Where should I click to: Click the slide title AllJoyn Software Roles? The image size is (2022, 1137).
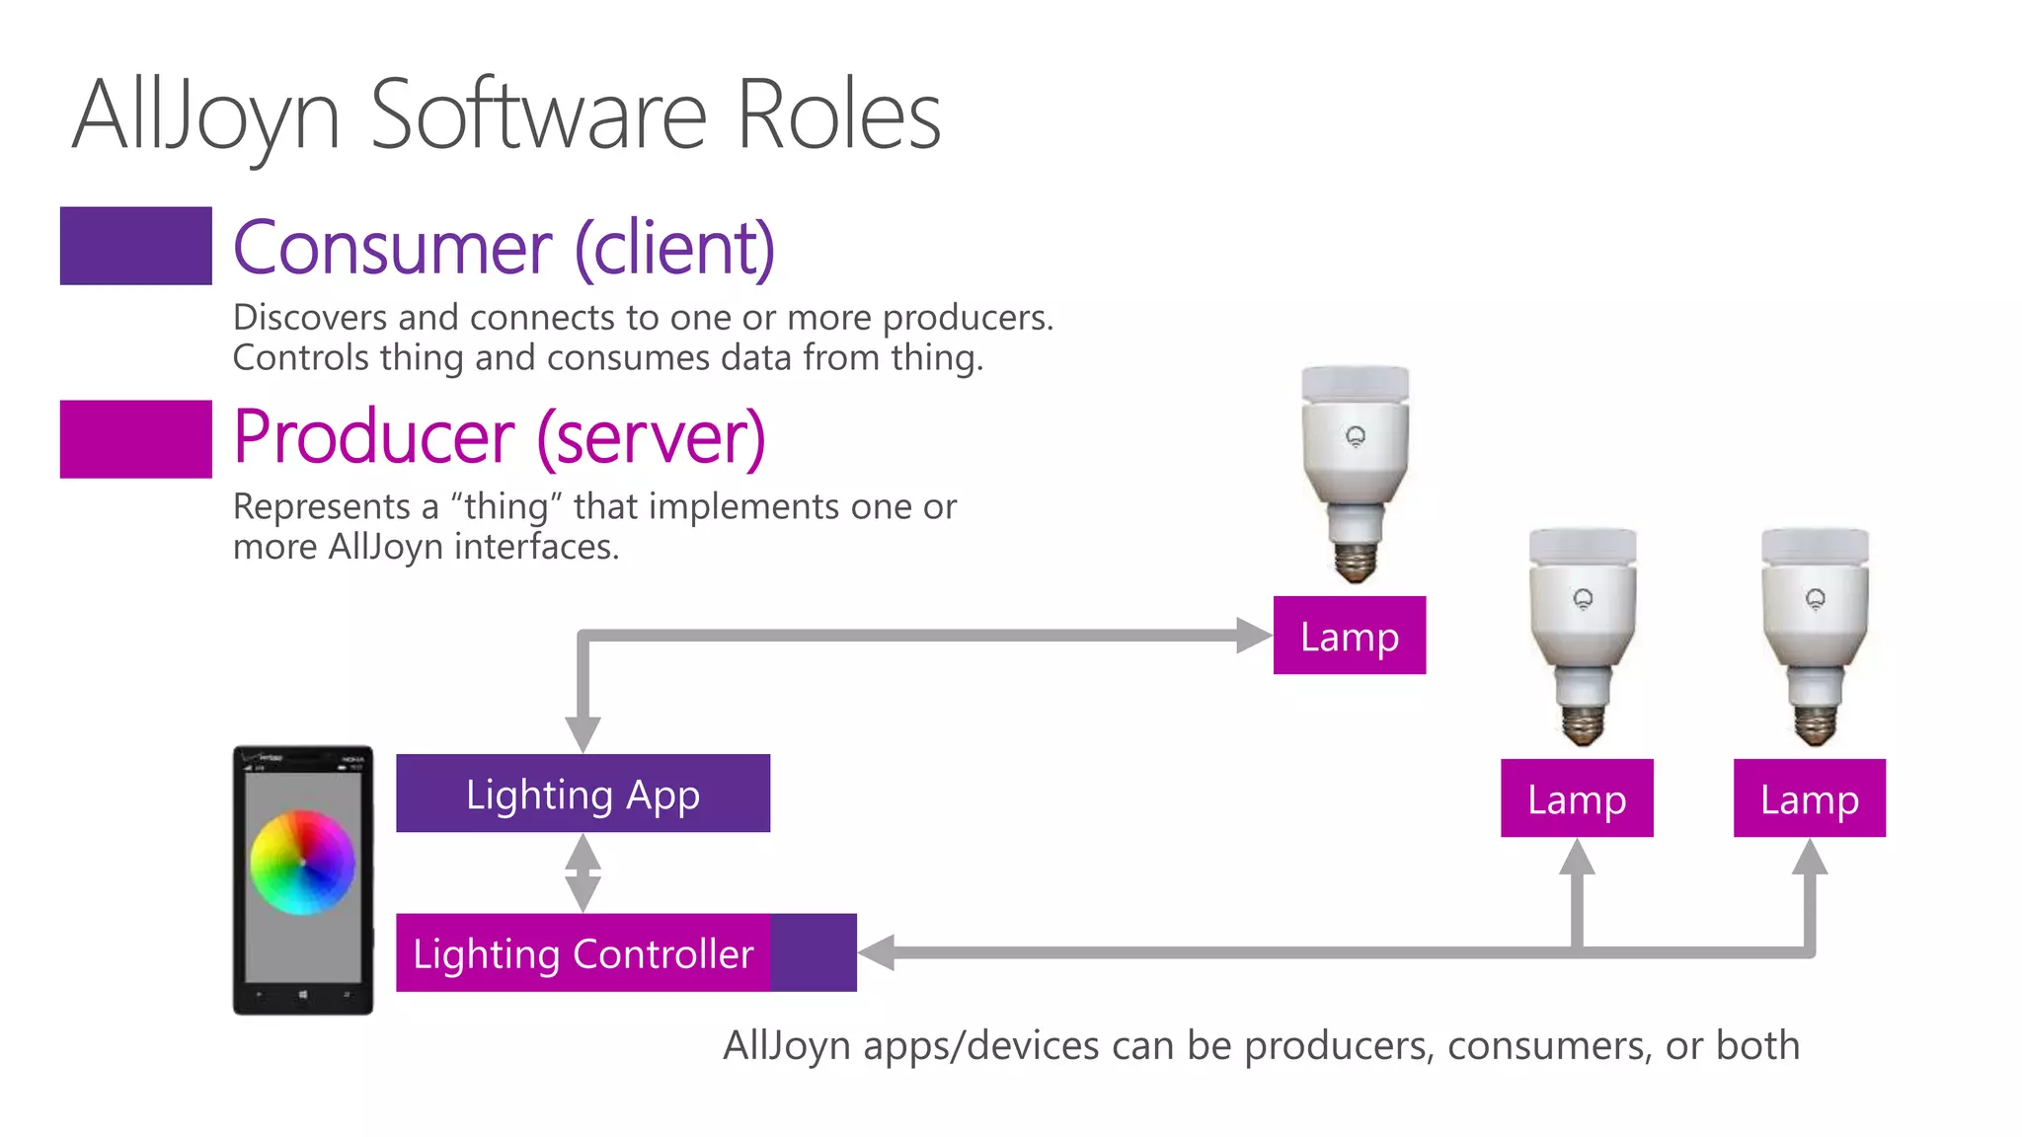coord(505,115)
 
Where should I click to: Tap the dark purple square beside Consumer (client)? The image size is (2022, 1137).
coord(135,246)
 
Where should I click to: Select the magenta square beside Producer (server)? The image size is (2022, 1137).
coord(135,439)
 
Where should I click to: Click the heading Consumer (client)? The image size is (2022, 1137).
coord(504,248)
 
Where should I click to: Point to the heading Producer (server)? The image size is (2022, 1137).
coord(499,437)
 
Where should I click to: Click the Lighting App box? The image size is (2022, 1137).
coord(583,794)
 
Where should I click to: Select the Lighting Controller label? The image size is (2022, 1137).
coord(583,953)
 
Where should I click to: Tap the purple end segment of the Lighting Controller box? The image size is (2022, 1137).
coord(814,952)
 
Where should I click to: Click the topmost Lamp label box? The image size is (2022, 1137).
coord(1349,636)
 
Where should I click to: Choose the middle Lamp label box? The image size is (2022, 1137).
coord(1576,798)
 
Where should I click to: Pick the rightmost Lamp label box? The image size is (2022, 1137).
coord(1809,798)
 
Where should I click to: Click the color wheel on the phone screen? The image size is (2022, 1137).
coord(302,863)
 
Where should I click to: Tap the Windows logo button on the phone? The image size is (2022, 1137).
coord(302,995)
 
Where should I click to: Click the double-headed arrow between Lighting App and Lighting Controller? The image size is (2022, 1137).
coord(583,872)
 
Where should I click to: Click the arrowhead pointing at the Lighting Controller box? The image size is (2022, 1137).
coord(877,952)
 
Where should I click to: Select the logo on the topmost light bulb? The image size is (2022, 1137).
coord(1356,436)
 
